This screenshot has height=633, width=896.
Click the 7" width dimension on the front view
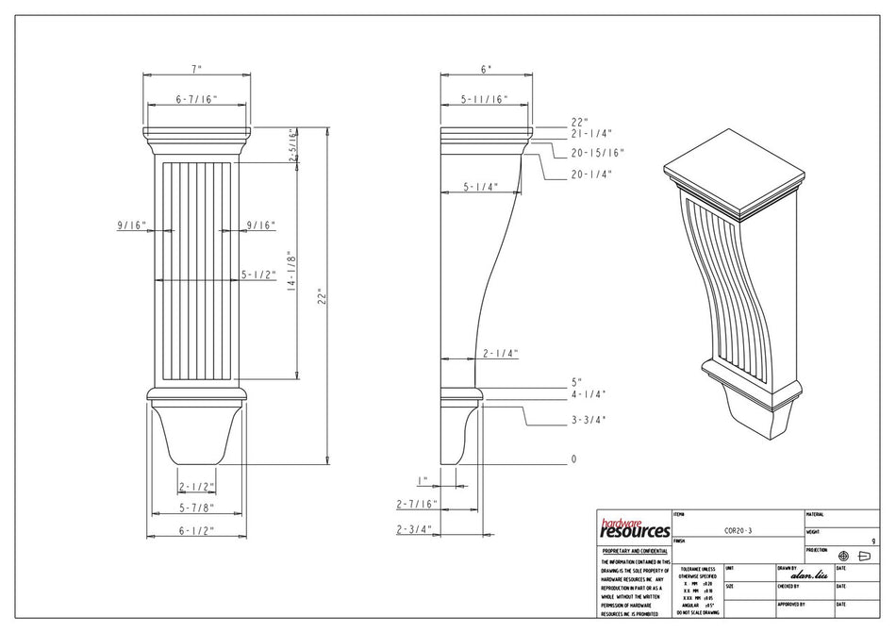196,70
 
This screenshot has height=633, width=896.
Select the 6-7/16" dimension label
196,99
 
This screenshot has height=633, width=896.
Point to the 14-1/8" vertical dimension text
292,272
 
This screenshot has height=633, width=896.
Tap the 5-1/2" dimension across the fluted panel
257,275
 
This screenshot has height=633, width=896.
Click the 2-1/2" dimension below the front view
196,487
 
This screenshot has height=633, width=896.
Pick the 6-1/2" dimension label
196,530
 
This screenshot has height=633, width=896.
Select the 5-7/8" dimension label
196,508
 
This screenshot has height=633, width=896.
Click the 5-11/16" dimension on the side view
484,99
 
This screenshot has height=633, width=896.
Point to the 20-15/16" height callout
597,153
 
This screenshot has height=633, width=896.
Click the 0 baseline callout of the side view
572,459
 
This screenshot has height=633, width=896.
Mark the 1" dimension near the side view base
423,479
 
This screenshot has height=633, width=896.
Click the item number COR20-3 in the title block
738,531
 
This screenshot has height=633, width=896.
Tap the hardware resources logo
634,529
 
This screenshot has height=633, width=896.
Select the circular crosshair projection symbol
843,556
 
